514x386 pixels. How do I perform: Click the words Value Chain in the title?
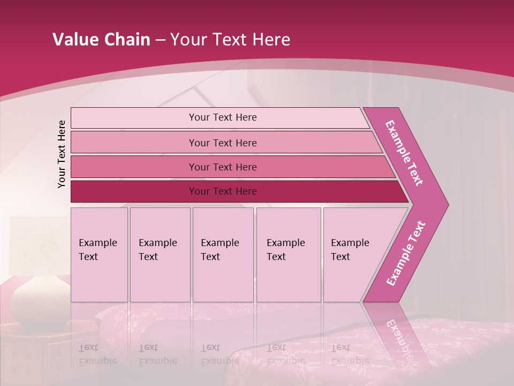coord(101,40)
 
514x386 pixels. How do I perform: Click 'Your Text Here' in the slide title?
coord(230,40)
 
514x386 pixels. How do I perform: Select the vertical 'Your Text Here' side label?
coord(62,154)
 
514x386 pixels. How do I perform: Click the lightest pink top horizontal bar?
coord(222,117)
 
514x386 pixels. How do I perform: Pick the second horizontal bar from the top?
coord(222,143)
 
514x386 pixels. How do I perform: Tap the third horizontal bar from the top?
coord(222,167)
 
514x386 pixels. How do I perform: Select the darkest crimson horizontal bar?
coord(222,191)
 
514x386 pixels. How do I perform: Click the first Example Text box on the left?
coord(99,255)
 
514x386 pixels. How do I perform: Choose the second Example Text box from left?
coord(160,255)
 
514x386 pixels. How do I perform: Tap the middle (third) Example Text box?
coord(223,255)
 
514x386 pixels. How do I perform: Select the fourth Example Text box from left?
coord(288,255)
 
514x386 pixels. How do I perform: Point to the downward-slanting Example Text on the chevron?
coord(404,153)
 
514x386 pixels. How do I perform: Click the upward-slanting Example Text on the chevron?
coord(406,253)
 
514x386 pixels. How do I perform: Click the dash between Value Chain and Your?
coord(160,40)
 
